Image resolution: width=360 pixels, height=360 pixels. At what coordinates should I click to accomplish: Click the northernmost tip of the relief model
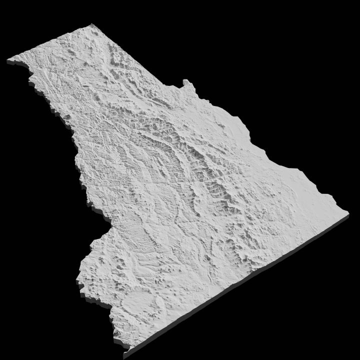pyautogui.click(x=92, y=25)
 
